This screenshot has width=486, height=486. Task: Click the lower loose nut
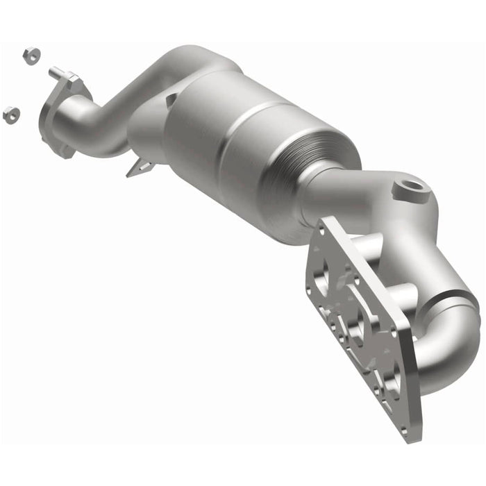tap(11, 115)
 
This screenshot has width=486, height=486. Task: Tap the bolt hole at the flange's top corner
tap(325, 226)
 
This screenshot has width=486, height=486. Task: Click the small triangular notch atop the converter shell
tap(171, 101)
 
